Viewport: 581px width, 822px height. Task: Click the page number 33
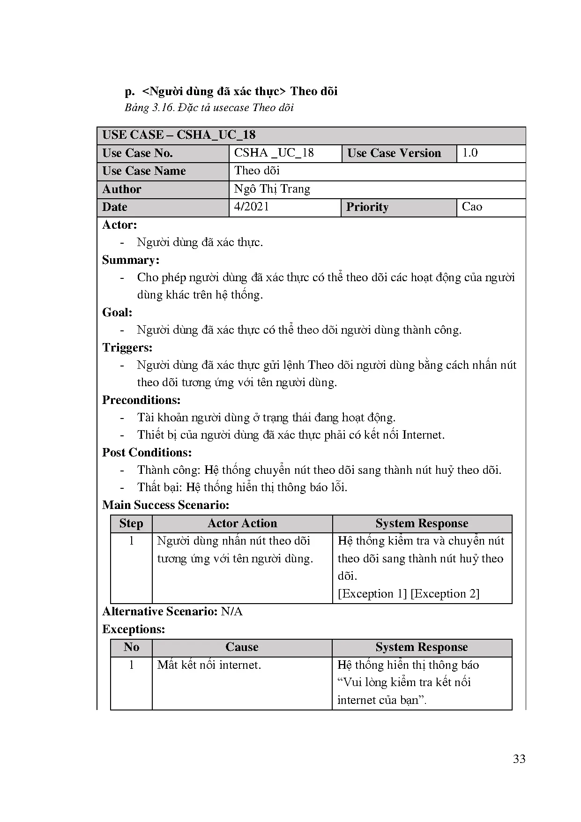(519, 759)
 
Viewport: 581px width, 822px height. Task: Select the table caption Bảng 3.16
(209, 108)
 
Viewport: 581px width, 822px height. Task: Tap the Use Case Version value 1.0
(470, 153)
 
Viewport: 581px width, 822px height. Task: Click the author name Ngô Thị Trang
(272, 189)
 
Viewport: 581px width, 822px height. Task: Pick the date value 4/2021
(252, 207)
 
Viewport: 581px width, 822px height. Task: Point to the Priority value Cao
(472, 207)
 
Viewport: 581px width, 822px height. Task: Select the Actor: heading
(119, 225)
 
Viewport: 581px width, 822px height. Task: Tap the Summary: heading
(131, 260)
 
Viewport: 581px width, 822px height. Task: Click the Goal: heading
(117, 313)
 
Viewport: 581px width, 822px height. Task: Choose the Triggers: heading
(127, 348)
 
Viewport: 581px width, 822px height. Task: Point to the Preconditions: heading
(142, 400)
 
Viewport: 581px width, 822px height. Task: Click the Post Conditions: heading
(147, 453)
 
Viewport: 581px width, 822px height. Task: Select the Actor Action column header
(242, 523)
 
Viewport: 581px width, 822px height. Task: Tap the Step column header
(131, 523)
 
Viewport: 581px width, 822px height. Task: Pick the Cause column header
(242, 647)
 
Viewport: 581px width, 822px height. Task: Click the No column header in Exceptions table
(131, 647)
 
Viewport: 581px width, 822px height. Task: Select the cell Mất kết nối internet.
(209, 665)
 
